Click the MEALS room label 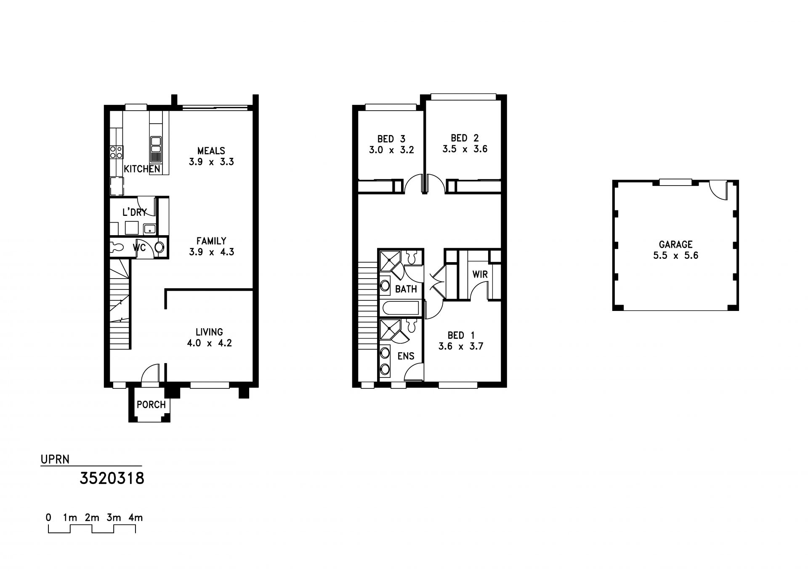tap(211, 151)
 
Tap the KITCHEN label tap(142, 169)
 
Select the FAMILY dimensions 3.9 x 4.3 tap(211, 252)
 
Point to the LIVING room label tap(209, 332)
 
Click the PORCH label tap(151, 405)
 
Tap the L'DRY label tap(134, 212)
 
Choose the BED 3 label tap(391, 139)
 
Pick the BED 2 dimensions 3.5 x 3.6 tap(465, 149)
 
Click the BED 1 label tap(461, 335)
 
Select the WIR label tap(480, 275)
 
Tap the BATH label tap(406, 289)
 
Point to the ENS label tap(406, 356)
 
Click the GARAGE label tap(675, 244)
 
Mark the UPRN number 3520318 tap(112, 478)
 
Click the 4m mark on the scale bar tap(136, 518)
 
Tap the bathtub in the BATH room tap(400, 308)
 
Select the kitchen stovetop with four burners tap(116, 152)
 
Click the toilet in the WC tap(159, 247)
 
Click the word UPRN tap(55, 459)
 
